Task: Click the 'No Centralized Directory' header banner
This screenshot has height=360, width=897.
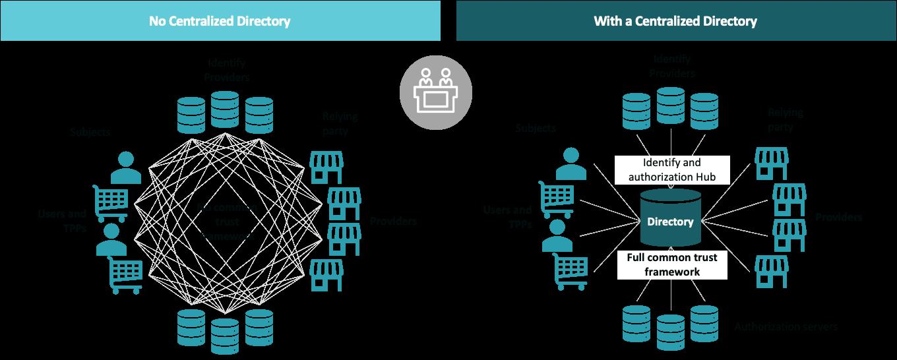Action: (220, 21)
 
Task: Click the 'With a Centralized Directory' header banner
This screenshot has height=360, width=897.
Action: (675, 21)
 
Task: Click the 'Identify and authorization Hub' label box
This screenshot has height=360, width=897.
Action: (671, 170)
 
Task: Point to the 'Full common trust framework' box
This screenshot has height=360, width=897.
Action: (671, 264)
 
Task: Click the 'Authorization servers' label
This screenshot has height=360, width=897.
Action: (786, 327)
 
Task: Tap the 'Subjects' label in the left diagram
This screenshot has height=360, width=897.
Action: (90, 132)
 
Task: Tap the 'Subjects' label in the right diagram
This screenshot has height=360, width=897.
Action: (536, 129)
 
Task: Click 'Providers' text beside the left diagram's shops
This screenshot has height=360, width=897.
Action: (393, 221)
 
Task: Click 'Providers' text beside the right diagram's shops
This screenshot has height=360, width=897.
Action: (838, 217)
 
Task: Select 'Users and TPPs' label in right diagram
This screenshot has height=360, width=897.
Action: (507, 216)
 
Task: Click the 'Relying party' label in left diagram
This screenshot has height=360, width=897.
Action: (340, 123)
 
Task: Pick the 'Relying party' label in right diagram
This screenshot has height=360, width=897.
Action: (785, 119)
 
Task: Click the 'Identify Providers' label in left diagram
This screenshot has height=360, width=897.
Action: (227, 71)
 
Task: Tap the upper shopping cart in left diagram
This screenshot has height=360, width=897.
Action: (111, 202)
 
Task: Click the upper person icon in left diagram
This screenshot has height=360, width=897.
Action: (125, 167)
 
